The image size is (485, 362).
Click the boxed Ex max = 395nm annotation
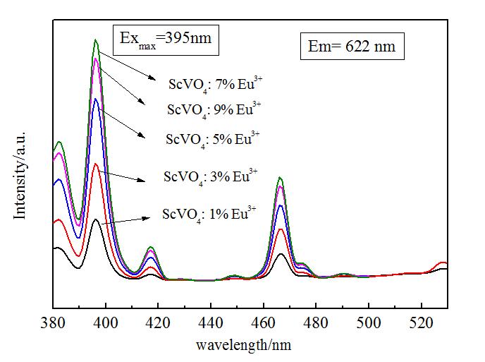point(166,40)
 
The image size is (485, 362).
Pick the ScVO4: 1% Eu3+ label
point(209,212)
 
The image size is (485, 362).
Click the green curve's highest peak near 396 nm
point(96,40)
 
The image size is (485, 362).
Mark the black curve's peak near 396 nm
point(96,219)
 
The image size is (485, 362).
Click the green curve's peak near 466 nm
point(281,178)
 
